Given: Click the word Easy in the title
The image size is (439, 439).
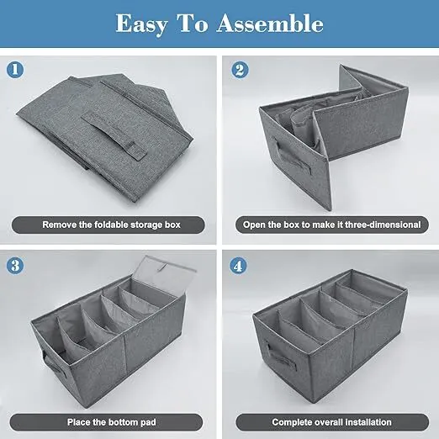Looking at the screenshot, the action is pyautogui.click(x=141, y=24).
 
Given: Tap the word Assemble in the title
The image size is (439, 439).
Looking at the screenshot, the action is pyautogui.click(x=270, y=24).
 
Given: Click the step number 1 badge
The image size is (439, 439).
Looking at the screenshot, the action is pyautogui.click(x=15, y=69).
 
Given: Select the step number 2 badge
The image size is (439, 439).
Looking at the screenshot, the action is pyautogui.click(x=240, y=70).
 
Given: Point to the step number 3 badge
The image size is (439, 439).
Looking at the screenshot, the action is pyautogui.click(x=15, y=265).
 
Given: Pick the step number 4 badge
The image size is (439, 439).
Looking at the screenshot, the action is pyautogui.click(x=238, y=266).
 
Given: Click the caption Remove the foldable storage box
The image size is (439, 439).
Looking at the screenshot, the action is pyautogui.click(x=111, y=225).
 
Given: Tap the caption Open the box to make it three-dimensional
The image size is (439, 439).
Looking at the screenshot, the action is pyautogui.click(x=332, y=225).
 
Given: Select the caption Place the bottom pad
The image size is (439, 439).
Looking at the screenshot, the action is pyautogui.click(x=111, y=422).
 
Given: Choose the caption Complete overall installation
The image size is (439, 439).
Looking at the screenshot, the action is pyautogui.click(x=331, y=422).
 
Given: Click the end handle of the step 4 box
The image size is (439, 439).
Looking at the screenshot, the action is pyautogui.click(x=281, y=357).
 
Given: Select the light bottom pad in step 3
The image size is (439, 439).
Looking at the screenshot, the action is pyautogui.click(x=166, y=276).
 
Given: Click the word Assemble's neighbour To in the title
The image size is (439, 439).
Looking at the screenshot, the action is pyautogui.click(x=193, y=24).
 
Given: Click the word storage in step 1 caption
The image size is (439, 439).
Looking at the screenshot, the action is pyautogui.click(x=146, y=225).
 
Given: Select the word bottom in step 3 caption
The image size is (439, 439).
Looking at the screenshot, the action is pyautogui.click(x=122, y=422).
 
